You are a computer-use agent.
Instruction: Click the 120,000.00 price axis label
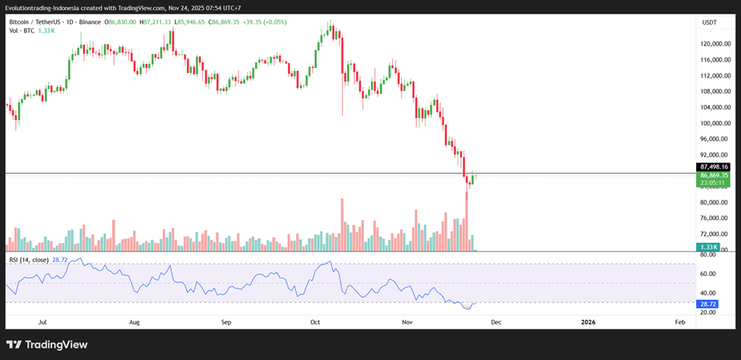715,43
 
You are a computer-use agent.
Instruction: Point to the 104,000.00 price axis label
715,107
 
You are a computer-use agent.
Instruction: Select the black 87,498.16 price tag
714,166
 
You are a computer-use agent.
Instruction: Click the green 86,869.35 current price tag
714,175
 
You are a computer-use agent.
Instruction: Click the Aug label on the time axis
135,322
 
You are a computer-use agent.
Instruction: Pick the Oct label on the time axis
315,322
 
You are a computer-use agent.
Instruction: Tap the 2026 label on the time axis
587,322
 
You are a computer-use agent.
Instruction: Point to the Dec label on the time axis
496,322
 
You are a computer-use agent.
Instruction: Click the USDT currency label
709,22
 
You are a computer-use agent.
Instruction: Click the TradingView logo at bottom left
47,345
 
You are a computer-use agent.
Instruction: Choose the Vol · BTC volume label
21,31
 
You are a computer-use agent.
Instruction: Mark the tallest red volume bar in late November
466,220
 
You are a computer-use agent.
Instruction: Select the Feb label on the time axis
680,322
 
